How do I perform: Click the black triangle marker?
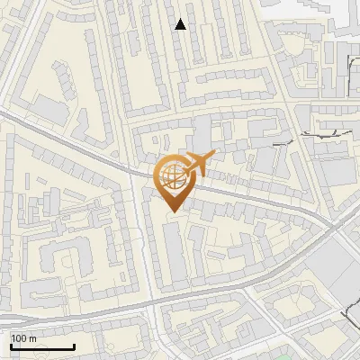(181, 24)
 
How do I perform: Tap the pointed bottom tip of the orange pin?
(171, 211)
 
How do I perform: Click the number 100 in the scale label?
(18, 337)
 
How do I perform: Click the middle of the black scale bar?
(42, 347)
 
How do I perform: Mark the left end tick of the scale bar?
(11, 346)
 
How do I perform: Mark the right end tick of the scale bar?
(74, 346)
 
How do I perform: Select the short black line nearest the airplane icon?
(280, 142)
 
